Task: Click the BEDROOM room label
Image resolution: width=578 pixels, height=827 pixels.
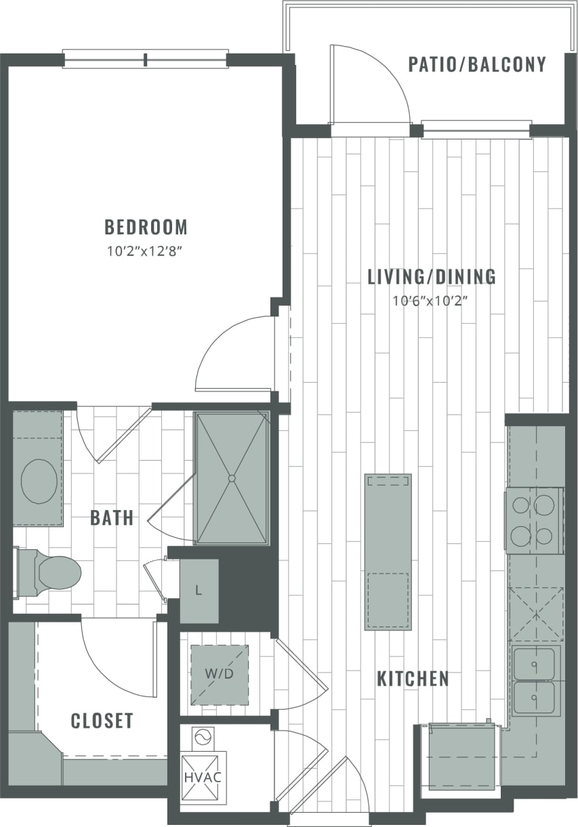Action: [146, 226]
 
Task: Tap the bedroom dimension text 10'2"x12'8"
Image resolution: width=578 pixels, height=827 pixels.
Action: [146, 251]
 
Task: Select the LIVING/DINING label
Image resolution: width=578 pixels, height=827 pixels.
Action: [432, 276]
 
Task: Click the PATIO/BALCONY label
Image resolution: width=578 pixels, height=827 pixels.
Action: [477, 64]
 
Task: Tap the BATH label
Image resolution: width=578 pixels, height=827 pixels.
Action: [112, 518]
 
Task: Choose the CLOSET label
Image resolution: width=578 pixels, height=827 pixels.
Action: [102, 721]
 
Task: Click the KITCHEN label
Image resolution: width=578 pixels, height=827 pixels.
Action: [413, 679]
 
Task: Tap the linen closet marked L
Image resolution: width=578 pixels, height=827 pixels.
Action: [199, 590]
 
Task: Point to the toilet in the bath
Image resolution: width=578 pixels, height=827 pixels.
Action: [51, 573]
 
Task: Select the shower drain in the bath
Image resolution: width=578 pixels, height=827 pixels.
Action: [232, 478]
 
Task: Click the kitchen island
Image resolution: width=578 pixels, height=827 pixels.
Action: [388, 552]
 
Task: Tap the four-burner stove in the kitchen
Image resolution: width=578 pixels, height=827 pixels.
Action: [535, 520]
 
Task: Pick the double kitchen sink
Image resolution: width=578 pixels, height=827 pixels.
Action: [535, 681]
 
